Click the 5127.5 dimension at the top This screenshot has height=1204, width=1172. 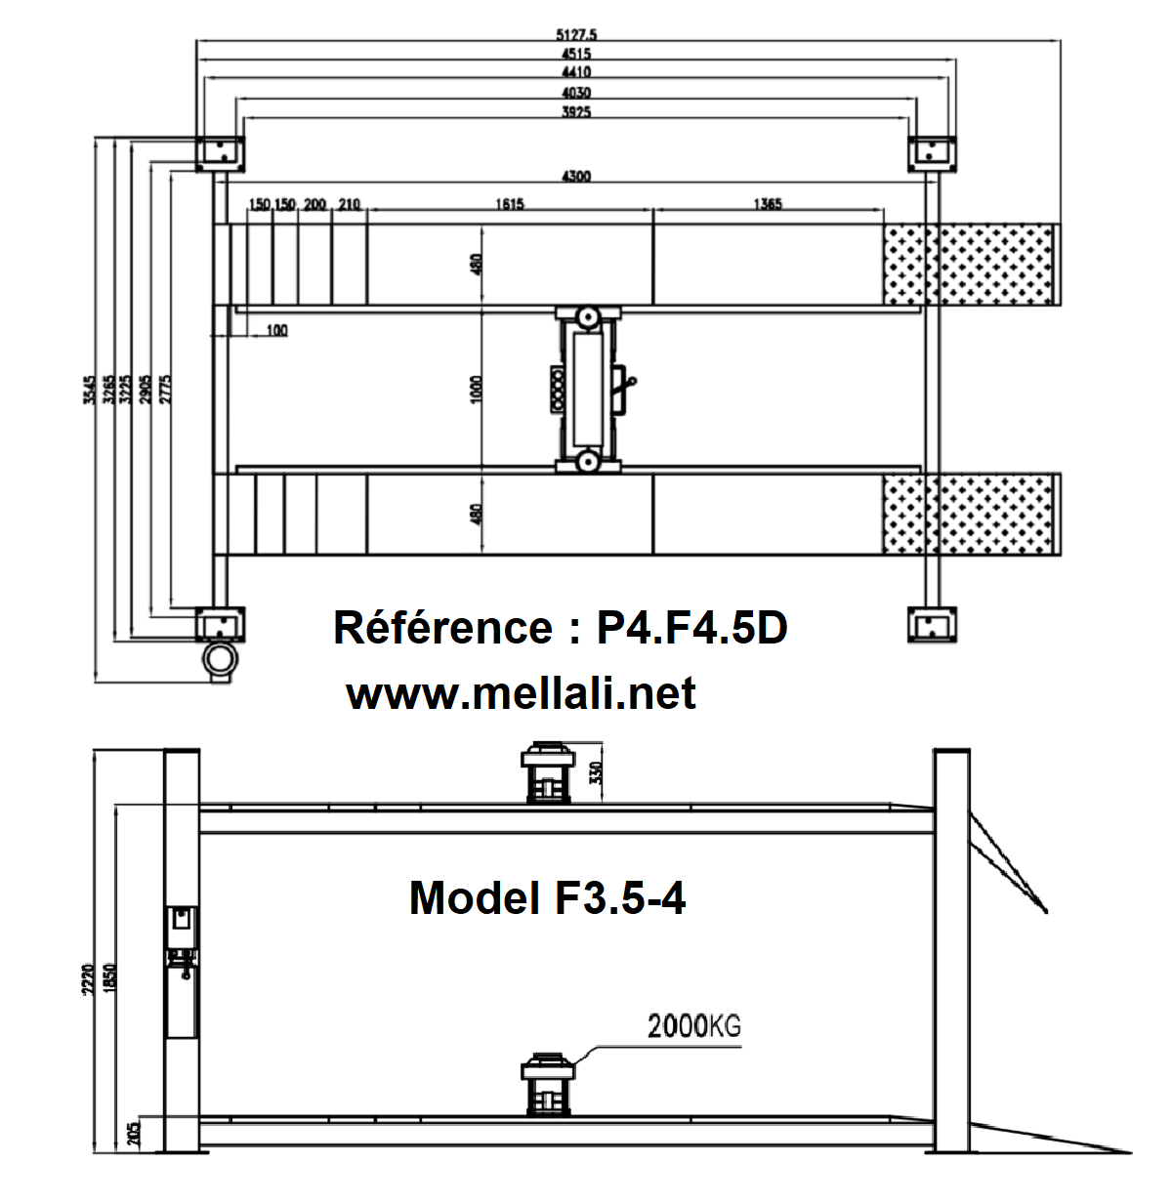581,35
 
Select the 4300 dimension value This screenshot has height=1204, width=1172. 575,177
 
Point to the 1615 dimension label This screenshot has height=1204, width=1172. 509,204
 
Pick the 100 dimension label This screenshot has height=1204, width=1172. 276,331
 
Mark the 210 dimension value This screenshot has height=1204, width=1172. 349,204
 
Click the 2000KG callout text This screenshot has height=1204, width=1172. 694,1026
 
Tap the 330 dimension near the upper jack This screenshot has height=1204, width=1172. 597,772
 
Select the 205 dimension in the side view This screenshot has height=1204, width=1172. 134,1131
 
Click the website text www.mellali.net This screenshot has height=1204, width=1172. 522,694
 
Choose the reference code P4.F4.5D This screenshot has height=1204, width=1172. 691,628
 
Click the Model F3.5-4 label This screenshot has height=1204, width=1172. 547,897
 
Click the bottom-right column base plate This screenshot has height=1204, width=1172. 932,624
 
